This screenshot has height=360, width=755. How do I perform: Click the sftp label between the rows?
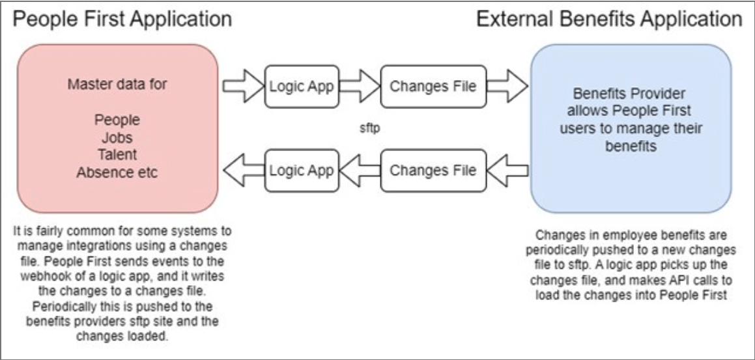click(x=370, y=129)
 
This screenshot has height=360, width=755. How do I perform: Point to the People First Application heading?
click(x=122, y=19)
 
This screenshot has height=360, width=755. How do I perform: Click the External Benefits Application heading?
click(x=609, y=19)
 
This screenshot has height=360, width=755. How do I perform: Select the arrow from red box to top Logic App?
click(x=243, y=87)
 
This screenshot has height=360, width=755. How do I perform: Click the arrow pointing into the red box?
click(x=243, y=171)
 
